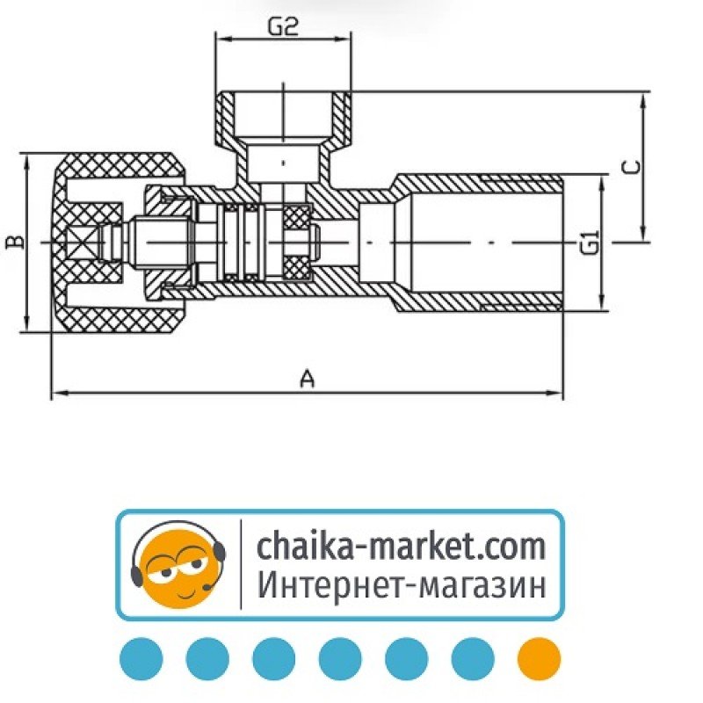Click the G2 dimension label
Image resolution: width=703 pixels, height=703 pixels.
click(282, 27)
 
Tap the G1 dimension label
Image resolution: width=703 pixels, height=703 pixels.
click(590, 243)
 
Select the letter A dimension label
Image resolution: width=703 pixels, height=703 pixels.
click(307, 379)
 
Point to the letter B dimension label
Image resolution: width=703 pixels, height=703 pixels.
click(15, 242)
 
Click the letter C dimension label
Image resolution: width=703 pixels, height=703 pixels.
click(631, 167)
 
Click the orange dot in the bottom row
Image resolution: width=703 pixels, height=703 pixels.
click(539, 658)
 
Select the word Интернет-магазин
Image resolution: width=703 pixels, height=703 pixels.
click(402, 585)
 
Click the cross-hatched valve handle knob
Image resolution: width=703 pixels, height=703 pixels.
click(119, 243)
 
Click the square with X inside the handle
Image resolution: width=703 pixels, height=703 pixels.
click(82, 243)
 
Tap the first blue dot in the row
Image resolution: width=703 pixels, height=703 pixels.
click(141, 658)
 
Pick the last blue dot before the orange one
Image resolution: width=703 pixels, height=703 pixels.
click(473, 658)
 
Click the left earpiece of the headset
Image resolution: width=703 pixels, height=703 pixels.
click(136, 576)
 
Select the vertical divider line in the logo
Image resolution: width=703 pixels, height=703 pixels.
click(241, 564)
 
